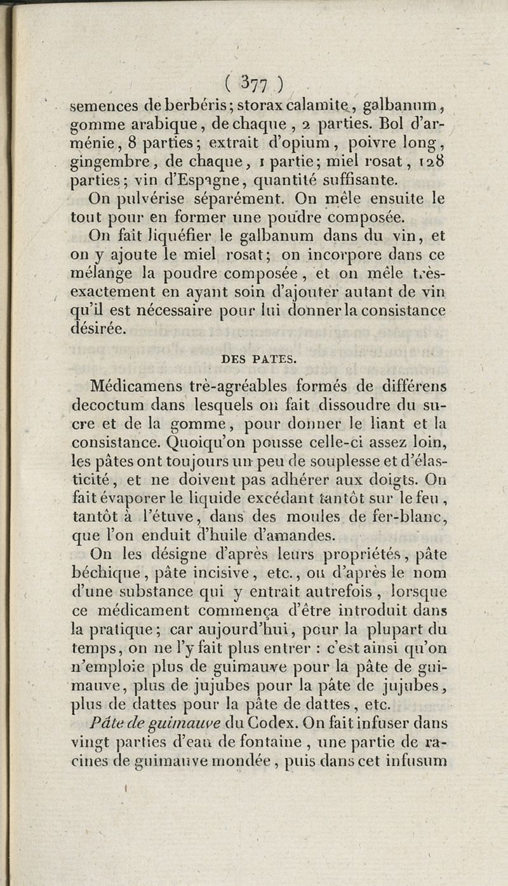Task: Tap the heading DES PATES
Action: pyautogui.click(x=258, y=358)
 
